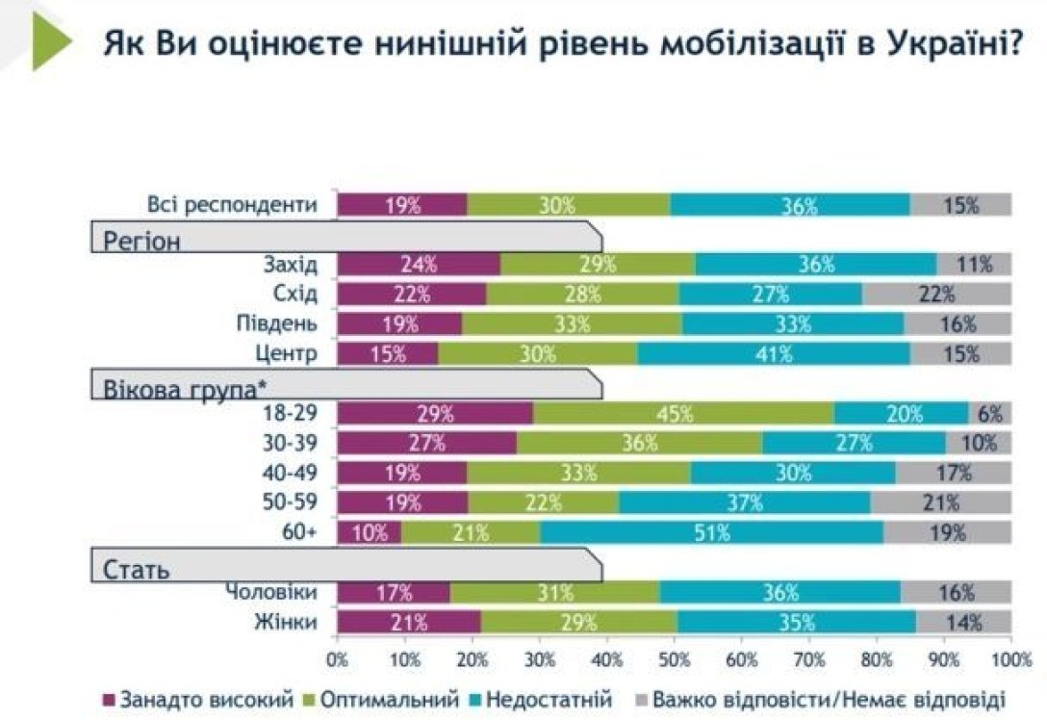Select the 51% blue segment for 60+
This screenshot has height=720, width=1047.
click(711, 532)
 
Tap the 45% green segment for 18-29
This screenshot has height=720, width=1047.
click(683, 414)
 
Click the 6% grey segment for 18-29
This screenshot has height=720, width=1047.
click(989, 414)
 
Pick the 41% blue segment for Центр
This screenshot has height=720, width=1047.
click(773, 353)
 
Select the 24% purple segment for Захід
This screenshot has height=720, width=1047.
click(419, 265)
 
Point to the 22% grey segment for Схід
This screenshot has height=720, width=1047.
click(936, 295)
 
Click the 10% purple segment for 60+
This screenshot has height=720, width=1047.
click(369, 532)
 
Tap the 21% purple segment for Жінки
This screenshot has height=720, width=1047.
click(409, 623)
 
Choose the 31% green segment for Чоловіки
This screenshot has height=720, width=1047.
click(554, 593)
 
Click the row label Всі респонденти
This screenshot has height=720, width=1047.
click(232, 204)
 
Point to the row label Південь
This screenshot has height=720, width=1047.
click(276, 323)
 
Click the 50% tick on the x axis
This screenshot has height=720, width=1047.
click(674, 661)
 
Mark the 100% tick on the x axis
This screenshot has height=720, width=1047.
click(1009, 661)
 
